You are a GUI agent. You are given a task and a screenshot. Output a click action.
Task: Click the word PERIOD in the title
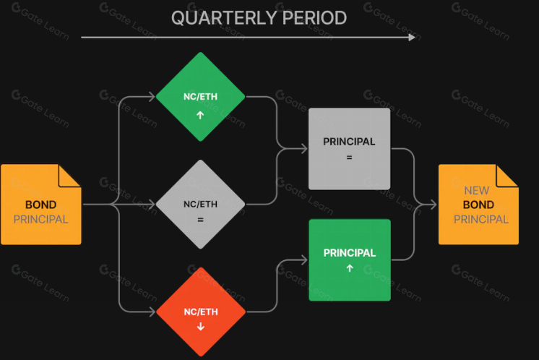tap(314, 18)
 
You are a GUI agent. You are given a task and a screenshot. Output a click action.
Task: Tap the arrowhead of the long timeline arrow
tap(412, 38)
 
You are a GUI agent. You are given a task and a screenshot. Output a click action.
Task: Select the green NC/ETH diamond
tap(200, 97)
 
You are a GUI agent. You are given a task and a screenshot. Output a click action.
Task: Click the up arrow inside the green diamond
tap(200, 115)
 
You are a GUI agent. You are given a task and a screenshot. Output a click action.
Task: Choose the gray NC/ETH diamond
tap(200, 205)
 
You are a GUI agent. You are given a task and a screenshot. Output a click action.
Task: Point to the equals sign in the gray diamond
tap(200, 220)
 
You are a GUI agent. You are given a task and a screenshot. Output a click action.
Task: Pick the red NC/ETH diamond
tap(201, 312)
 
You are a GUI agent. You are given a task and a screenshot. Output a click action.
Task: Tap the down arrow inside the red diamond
tap(201, 327)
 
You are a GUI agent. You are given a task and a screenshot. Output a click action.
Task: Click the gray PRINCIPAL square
tap(349, 149)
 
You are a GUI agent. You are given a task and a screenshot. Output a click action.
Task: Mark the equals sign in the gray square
tap(349, 158)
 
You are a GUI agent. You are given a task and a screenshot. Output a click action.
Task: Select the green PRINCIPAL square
tap(350, 260)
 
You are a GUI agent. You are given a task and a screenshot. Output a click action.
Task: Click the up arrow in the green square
tap(350, 268)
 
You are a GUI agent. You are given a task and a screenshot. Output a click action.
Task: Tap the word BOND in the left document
tap(41, 205)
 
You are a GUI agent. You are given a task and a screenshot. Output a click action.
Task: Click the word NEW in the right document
tap(476, 191)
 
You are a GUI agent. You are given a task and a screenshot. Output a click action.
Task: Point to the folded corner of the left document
tap(70, 176)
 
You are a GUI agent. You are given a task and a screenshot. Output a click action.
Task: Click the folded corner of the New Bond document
tap(507, 176)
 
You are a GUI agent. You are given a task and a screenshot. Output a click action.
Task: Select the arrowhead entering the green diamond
tap(152, 97)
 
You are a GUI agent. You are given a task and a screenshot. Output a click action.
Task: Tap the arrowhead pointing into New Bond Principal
tap(433, 205)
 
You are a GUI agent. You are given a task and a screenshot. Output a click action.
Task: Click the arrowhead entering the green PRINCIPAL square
tap(304, 260)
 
